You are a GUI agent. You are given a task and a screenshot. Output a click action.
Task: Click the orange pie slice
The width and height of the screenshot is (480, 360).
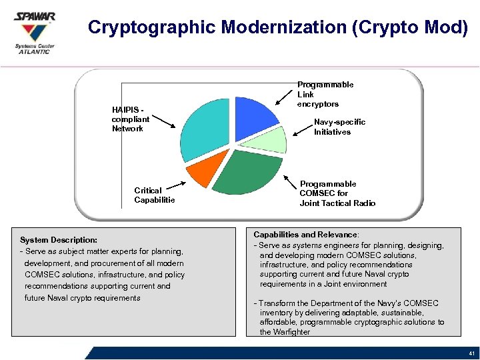[206, 173]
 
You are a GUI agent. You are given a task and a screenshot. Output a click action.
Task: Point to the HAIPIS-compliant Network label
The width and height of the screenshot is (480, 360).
[129, 119]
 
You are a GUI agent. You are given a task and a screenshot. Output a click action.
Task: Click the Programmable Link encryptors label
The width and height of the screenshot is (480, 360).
[325, 94]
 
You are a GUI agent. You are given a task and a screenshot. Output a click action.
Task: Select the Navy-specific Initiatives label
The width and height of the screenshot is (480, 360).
[339, 127]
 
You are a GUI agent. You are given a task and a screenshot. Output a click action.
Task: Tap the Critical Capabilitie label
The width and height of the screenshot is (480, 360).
[154, 195]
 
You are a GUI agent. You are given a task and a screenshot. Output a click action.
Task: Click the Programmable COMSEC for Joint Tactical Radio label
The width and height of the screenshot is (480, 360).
[337, 193]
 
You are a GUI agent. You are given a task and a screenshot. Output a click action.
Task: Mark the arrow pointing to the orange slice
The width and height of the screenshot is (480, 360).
[171, 187]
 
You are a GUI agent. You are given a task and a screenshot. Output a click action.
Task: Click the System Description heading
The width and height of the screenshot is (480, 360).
[59, 239]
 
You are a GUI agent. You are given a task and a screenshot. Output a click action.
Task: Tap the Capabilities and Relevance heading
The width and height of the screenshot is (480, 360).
[305, 235]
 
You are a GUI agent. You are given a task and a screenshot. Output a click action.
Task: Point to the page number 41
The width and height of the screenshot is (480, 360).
[471, 353]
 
